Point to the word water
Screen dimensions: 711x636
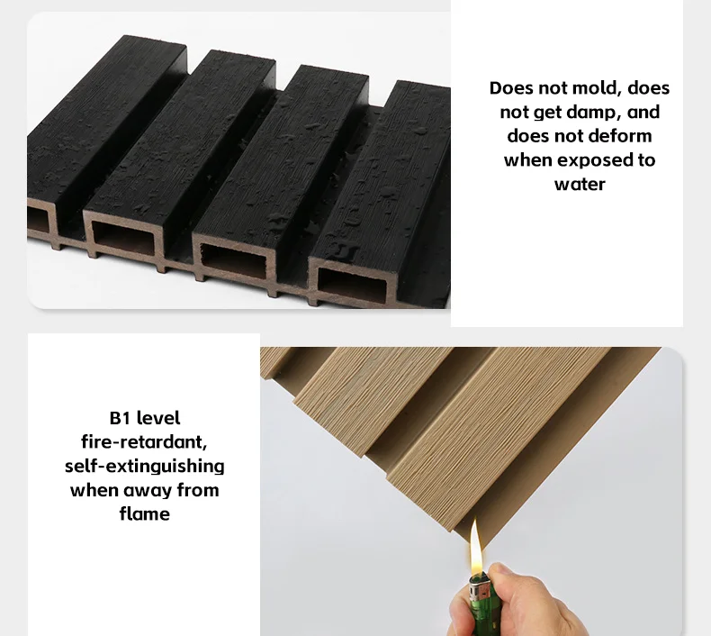580,185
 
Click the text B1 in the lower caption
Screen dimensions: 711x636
120,418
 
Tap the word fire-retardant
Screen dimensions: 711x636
144,441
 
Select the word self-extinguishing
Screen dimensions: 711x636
145,467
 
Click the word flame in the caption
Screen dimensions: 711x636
145,514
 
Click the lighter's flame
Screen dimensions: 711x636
476,547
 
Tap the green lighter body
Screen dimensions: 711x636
483,611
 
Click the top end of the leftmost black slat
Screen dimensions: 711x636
155,40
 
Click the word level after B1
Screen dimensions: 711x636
158,418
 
